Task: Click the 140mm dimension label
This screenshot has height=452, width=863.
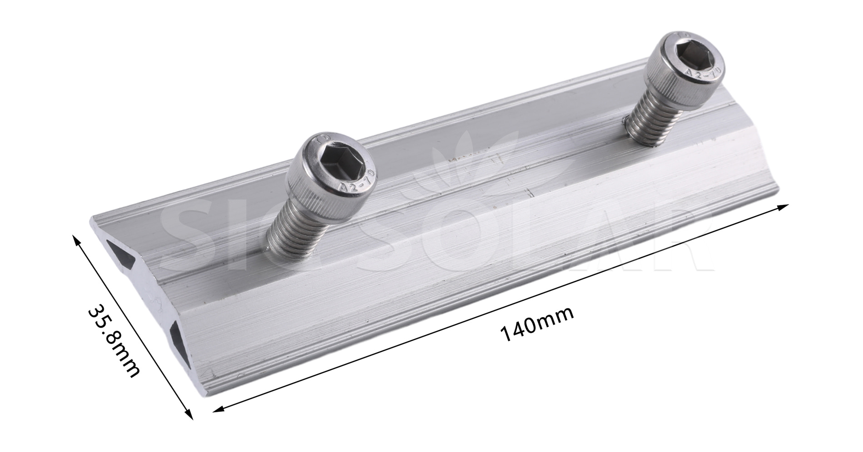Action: [537, 324]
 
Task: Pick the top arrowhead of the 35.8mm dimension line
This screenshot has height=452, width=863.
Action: [76, 240]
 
